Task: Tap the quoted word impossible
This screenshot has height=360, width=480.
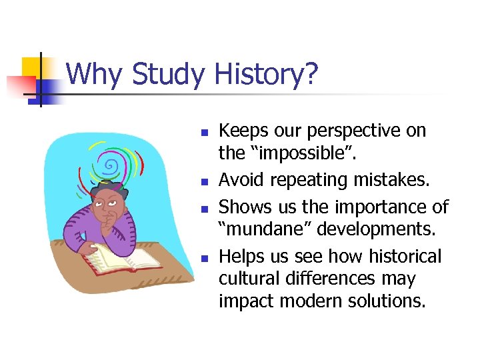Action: point(307,154)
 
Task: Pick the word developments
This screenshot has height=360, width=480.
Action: point(377,230)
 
